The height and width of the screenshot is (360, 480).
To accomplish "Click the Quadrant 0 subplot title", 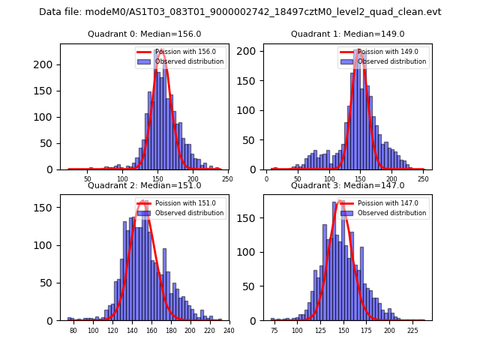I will tap(144, 34).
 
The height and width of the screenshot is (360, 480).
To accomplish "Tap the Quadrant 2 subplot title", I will tap(144, 185).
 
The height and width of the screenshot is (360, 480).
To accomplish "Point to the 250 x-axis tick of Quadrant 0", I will tap(227, 179).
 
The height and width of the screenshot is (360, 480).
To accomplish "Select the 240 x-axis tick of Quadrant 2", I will tap(229, 331).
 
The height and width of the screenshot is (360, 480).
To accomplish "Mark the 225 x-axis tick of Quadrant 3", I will tap(412, 331).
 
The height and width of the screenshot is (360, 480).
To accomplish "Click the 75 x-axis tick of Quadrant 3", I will tap(273, 331).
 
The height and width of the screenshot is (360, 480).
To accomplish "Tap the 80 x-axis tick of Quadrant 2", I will tap(73, 331).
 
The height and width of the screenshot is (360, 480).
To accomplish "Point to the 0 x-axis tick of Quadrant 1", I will tap(267, 179).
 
